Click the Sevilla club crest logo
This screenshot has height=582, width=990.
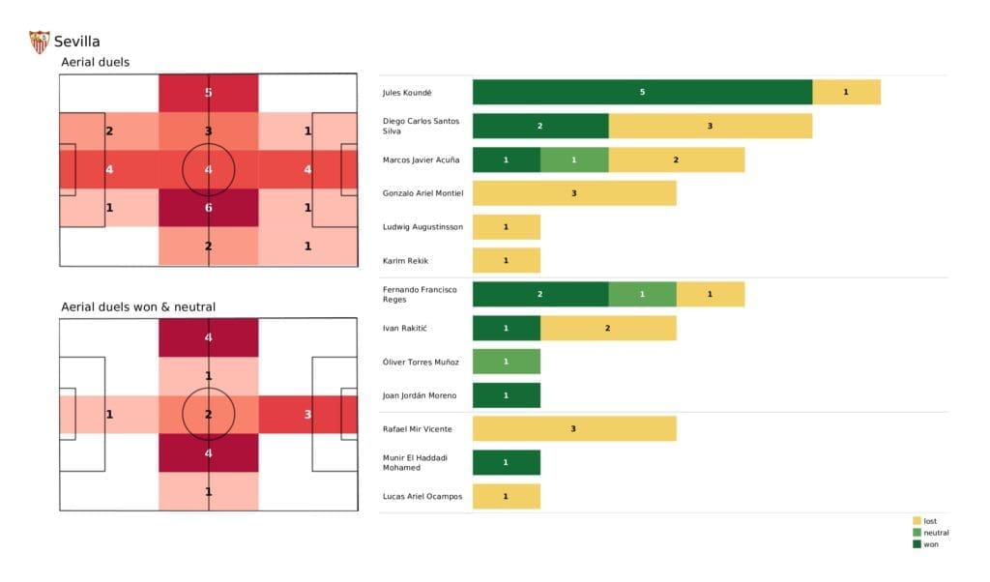[x=40, y=42]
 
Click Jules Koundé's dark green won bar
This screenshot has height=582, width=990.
[x=642, y=92]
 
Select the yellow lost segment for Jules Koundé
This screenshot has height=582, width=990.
[x=846, y=92]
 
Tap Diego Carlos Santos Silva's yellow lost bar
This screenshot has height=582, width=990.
[x=710, y=126]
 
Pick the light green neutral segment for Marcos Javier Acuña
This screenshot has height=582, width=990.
[x=574, y=160]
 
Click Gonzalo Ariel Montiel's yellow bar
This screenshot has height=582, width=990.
[x=574, y=193]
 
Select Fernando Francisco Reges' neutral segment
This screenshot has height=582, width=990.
[x=642, y=294]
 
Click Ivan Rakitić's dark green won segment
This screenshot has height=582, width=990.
[x=506, y=328]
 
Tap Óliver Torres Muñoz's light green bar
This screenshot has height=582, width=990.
[x=506, y=362]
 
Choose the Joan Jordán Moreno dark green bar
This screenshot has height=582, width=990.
[x=506, y=395]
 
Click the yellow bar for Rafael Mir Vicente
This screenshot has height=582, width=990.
[x=574, y=429]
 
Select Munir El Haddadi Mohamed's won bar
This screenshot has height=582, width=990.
[x=506, y=462]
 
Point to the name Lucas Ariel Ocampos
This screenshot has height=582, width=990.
[x=422, y=496]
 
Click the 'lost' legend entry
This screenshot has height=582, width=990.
[x=929, y=521]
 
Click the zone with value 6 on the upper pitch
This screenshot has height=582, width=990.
[x=209, y=208]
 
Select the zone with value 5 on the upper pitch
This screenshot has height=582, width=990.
[x=209, y=93]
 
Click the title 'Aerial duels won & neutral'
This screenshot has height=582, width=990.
[x=138, y=306]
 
